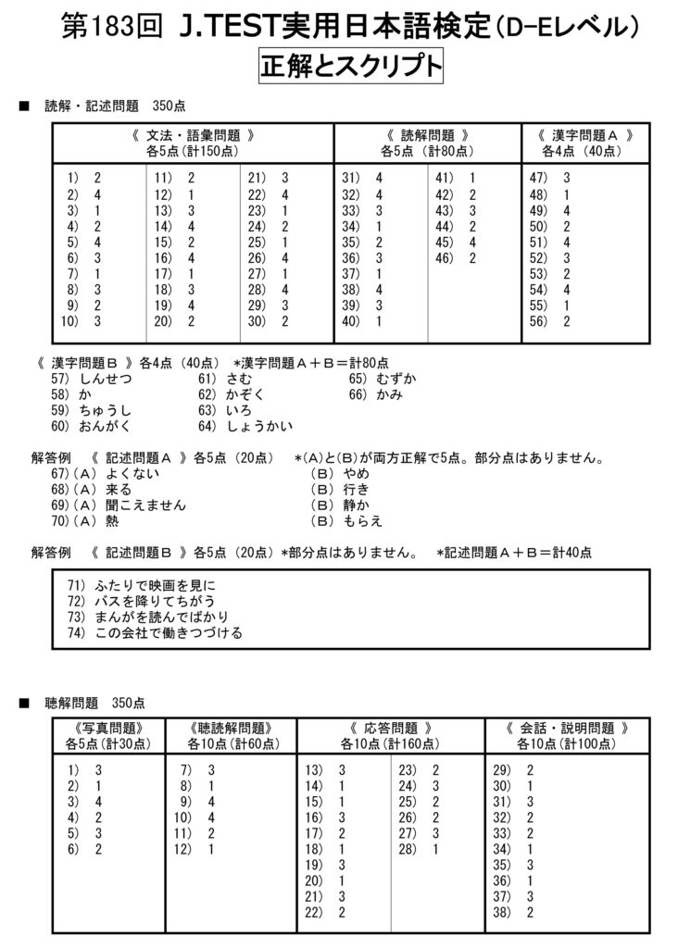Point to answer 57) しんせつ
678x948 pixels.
point(93,379)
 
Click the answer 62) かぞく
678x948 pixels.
point(232,394)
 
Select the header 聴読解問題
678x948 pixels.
point(230,728)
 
